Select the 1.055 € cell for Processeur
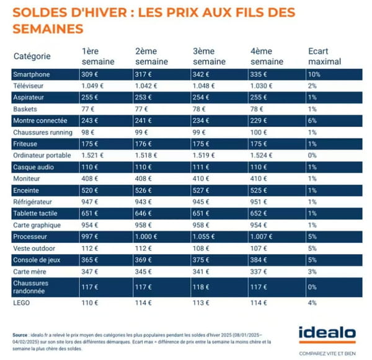[205, 237]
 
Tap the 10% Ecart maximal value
[314, 74]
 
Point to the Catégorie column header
[32, 56]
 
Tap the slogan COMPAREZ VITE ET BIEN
[327, 352]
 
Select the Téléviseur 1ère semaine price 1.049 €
[92, 86]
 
